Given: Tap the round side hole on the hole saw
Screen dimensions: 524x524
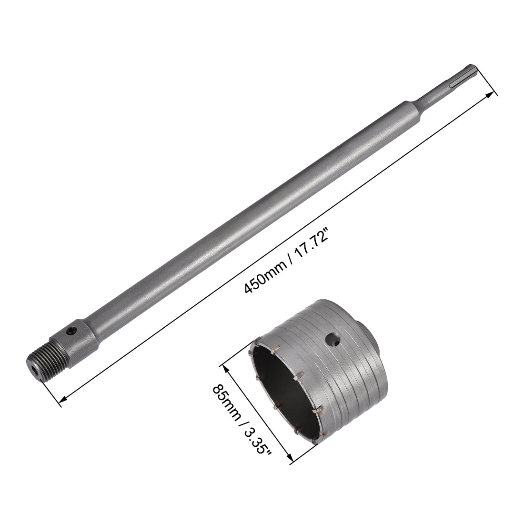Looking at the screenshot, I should click(332, 339).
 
